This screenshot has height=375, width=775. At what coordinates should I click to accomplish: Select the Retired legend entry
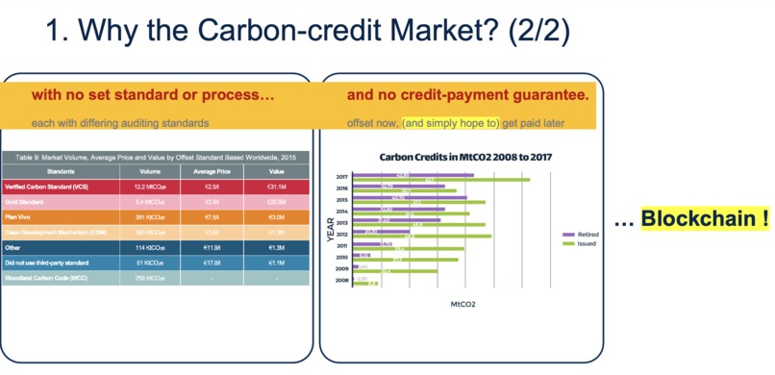tap(587, 234)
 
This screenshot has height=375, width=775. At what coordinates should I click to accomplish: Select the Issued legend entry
tap(586, 243)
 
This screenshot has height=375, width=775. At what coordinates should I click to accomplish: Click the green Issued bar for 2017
tap(441, 180)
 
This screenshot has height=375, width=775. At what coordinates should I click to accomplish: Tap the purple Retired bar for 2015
tap(410, 197)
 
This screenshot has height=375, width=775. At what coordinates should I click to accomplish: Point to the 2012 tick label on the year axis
tap(342, 233)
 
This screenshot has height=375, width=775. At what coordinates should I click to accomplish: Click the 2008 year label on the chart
tap(342, 281)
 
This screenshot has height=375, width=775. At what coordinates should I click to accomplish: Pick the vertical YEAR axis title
tap(330, 227)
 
